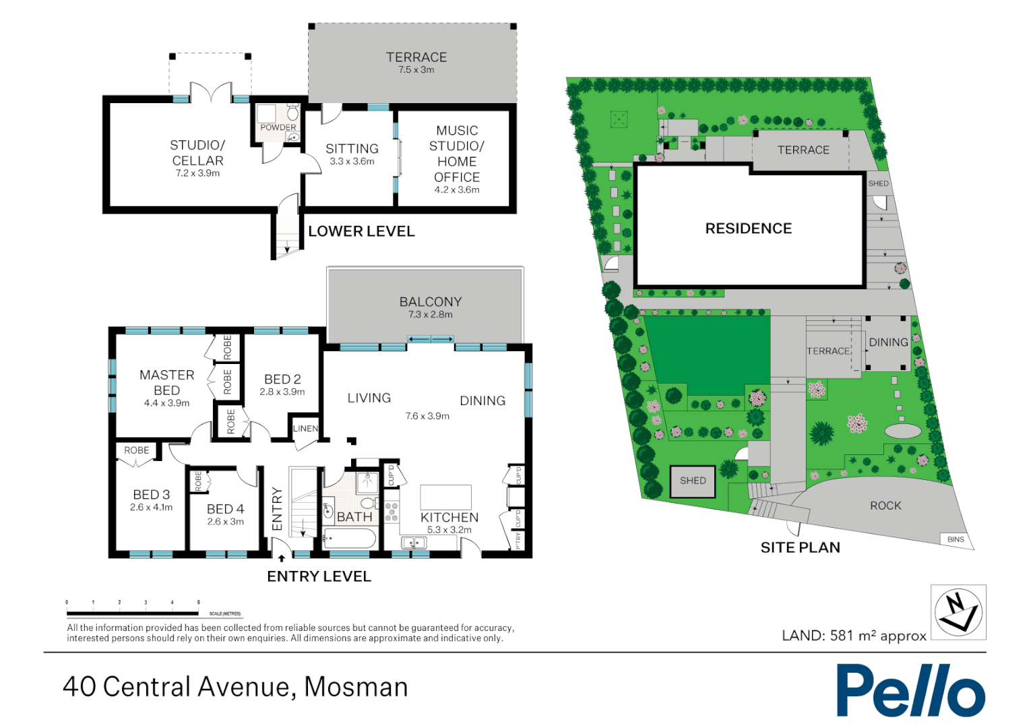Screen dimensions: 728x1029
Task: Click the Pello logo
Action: (910, 690)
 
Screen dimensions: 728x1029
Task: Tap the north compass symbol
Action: (958, 612)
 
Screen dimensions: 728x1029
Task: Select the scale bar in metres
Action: (133, 613)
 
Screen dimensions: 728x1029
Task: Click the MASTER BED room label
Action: (166, 383)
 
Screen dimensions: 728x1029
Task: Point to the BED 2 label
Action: (282, 380)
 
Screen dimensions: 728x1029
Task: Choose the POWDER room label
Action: (278, 127)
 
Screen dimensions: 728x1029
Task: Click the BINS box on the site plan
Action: (956, 539)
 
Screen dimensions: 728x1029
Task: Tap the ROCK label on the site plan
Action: (885, 506)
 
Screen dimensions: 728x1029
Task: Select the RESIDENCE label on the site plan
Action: (748, 229)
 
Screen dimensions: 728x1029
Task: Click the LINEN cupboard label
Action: (305, 429)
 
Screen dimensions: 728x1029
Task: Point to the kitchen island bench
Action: (445, 497)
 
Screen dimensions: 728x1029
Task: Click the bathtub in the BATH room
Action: (349, 539)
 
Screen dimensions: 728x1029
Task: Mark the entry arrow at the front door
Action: (282, 558)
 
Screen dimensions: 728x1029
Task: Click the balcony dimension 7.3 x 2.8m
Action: (430, 315)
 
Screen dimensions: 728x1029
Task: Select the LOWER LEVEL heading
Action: (361, 231)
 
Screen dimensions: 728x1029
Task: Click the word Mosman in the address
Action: (356, 687)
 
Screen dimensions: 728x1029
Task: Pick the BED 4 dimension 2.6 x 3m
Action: (225, 522)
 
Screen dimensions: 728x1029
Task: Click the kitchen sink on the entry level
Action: (414, 543)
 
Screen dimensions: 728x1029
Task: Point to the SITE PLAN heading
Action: (800, 547)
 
